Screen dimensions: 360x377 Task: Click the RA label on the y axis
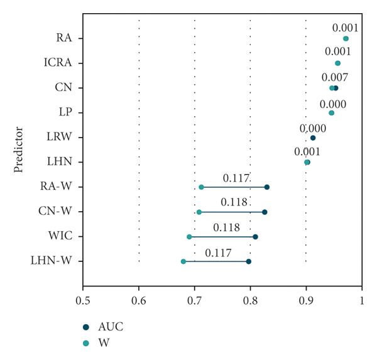pyautogui.click(x=63, y=38)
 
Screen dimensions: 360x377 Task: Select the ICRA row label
pyautogui.click(x=58, y=63)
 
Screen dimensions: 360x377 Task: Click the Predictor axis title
pyautogui.click(x=19, y=150)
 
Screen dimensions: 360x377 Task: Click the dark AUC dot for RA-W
pyautogui.click(x=267, y=187)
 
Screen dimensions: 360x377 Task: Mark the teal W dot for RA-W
pyautogui.click(x=201, y=187)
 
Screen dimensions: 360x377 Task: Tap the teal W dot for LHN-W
pyautogui.click(x=183, y=261)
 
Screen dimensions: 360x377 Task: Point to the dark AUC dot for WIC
pyautogui.click(x=255, y=237)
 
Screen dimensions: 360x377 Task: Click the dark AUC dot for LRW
pyautogui.click(x=313, y=138)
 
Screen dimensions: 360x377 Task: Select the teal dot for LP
pyautogui.click(x=331, y=113)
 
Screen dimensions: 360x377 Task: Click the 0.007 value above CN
pyautogui.click(x=335, y=77)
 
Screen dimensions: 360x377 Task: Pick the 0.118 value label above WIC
pyautogui.click(x=226, y=227)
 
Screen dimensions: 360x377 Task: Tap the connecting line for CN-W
pyautogui.click(x=232, y=212)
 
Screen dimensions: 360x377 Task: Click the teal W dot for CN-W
pyautogui.click(x=199, y=212)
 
